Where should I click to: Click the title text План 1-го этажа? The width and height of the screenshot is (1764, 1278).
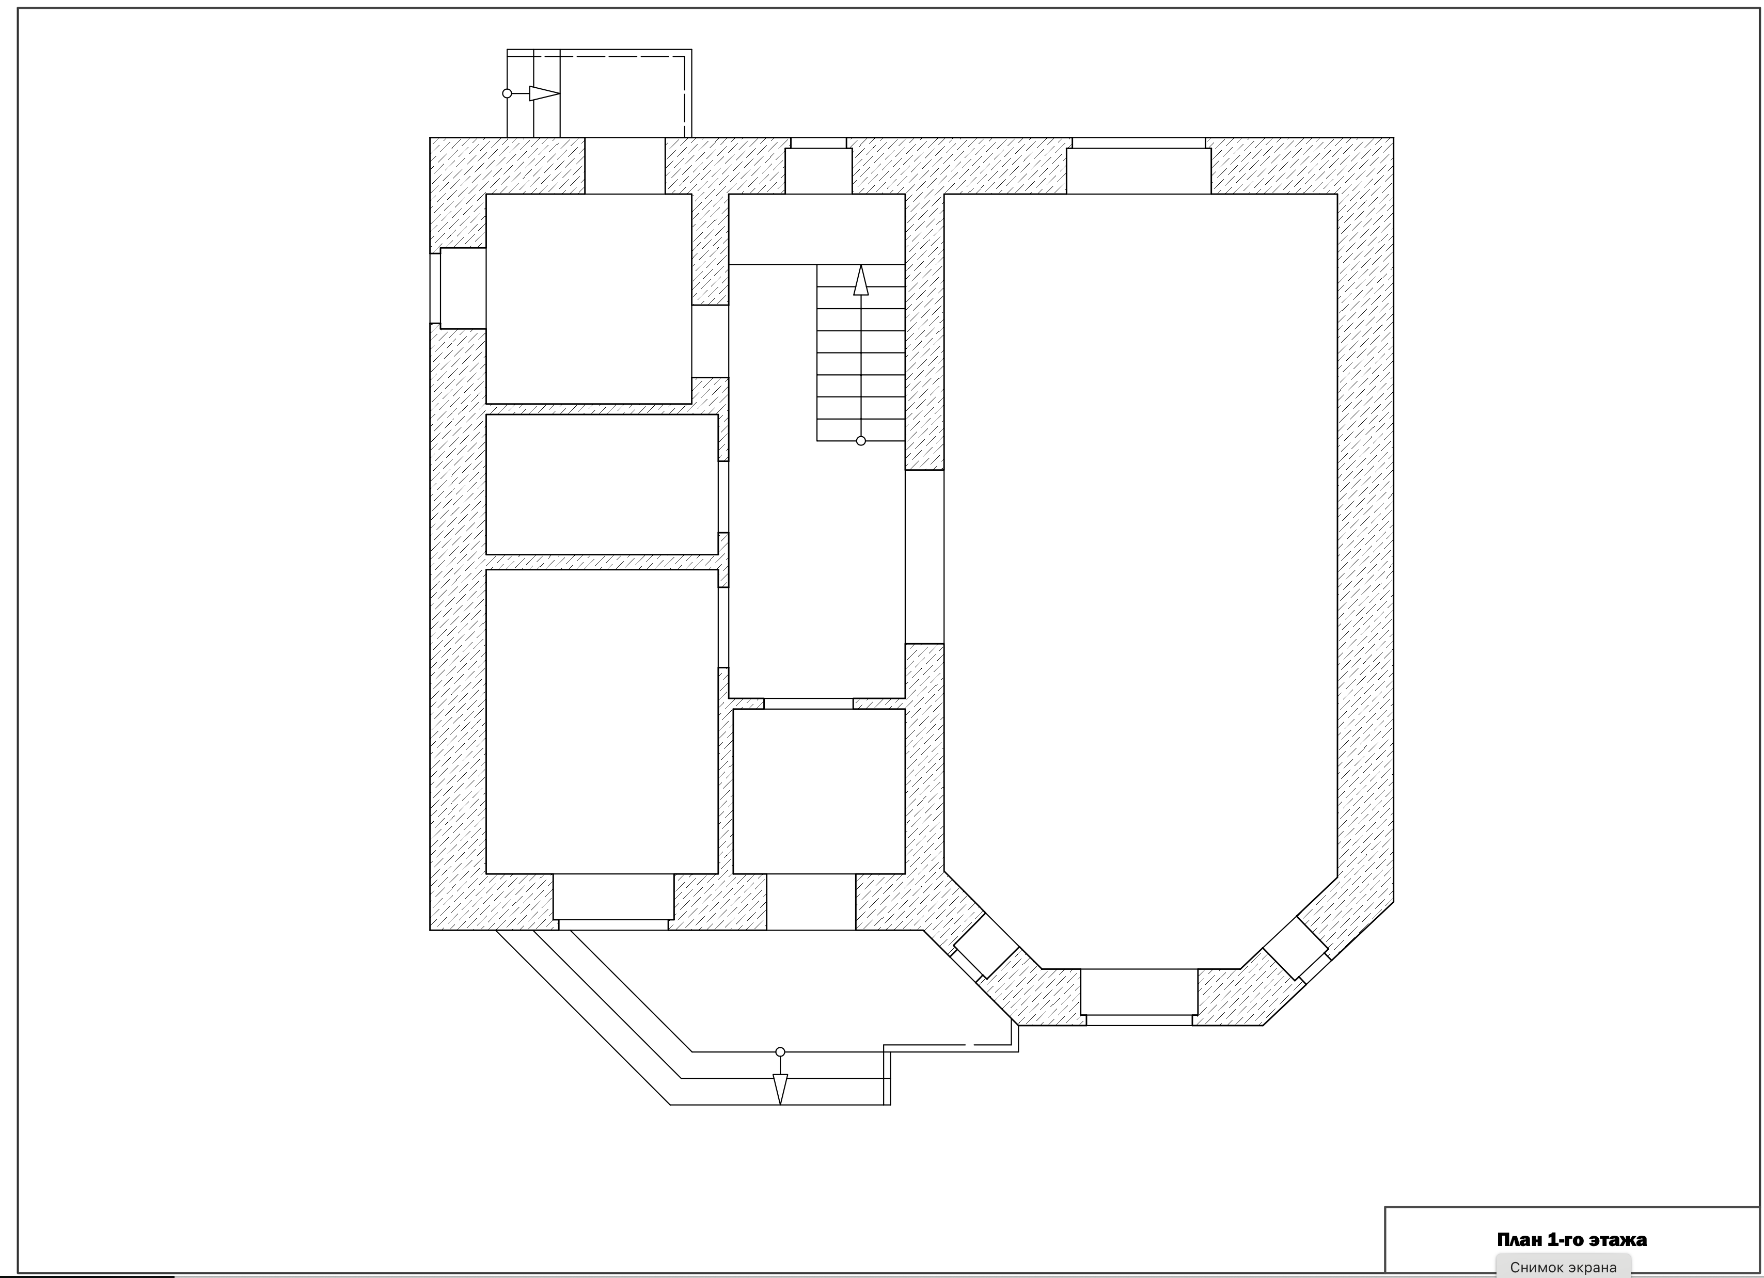1571,1239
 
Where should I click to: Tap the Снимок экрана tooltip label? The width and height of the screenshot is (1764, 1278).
1563,1267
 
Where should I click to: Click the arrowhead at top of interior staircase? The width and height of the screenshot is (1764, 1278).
860,281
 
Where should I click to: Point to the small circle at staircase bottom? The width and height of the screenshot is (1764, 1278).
860,441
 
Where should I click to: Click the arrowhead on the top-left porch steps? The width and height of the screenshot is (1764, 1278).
544,93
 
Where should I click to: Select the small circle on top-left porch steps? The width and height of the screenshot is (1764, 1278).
507,93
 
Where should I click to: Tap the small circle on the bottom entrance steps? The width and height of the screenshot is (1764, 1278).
780,1052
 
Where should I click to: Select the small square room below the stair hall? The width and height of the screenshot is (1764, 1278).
819,791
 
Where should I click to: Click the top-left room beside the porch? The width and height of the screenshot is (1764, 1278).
589,299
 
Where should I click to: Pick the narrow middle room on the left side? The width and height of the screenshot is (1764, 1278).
602,484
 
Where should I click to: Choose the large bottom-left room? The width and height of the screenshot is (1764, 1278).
602,722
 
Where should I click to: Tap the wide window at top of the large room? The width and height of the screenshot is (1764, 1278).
1139,166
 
